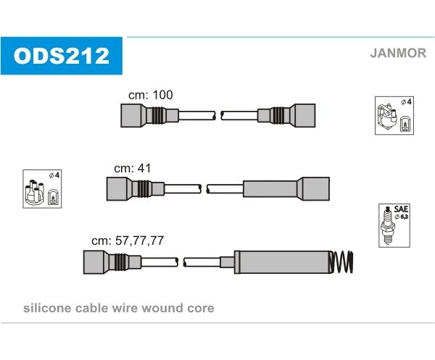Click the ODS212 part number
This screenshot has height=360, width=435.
point(62,56)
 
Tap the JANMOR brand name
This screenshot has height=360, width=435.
point(398,53)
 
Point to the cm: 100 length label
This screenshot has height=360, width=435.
point(150,95)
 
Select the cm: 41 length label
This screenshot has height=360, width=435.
point(133,168)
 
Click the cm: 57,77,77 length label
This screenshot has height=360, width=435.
point(128,240)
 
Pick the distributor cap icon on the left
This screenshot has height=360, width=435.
point(35,193)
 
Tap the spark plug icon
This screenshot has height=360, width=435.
point(388,225)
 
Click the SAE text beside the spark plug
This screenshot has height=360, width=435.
point(401,209)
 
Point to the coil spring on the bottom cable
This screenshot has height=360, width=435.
point(341,262)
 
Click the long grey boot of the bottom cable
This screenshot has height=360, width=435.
point(283,262)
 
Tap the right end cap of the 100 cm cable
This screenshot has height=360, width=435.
point(304,116)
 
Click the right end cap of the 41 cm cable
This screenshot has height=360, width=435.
point(315,189)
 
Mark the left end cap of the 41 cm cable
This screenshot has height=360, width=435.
point(117,189)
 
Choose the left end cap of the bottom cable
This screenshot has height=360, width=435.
point(94,262)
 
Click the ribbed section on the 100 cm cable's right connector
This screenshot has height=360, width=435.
point(277,115)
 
